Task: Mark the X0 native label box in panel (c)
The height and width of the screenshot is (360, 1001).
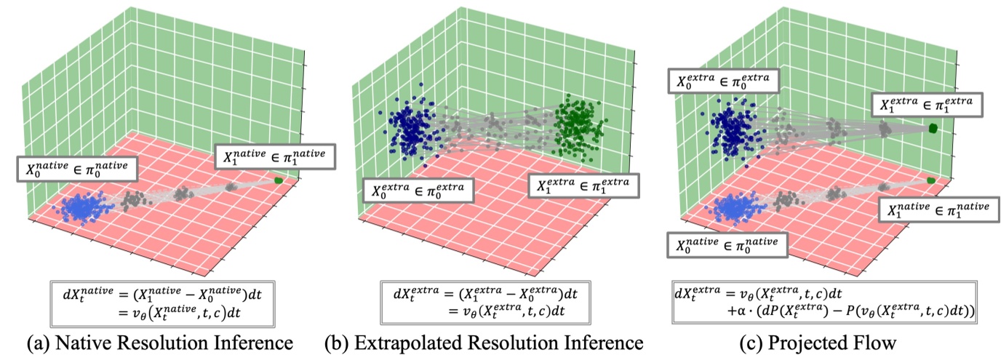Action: click(x=727, y=244)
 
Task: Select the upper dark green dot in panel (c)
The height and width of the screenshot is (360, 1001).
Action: click(x=933, y=129)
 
